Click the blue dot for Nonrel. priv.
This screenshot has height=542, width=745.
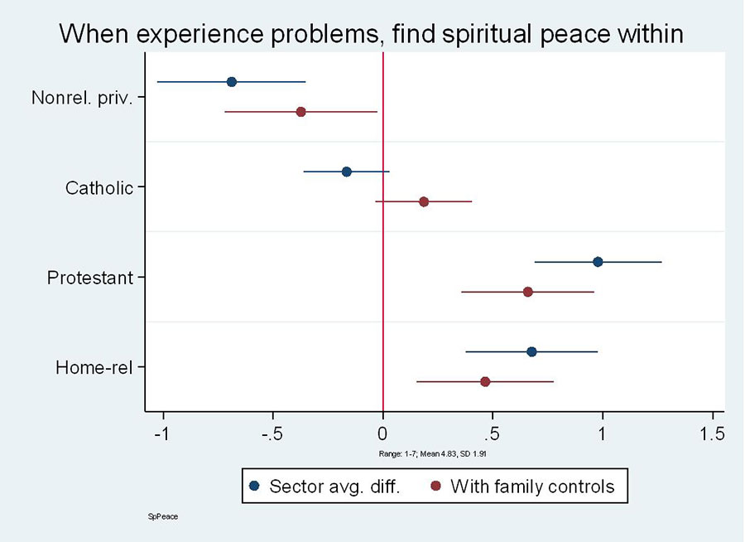point(232,81)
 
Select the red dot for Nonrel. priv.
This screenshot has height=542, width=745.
point(300,111)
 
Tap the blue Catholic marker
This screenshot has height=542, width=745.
point(346,172)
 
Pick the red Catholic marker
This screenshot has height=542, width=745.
point(424,201)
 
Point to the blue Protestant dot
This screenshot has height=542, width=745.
point(598,262)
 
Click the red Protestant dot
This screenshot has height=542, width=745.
point(527,292)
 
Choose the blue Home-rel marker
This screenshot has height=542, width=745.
point(531,351)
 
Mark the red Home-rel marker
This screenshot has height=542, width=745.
point(485,381)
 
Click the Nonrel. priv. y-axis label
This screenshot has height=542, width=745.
point(82,98)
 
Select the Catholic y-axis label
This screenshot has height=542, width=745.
point(99,188)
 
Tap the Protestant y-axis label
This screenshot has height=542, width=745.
point(90,278)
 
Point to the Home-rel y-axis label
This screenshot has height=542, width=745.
point(94,367)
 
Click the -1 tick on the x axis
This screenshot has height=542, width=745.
point(163,433)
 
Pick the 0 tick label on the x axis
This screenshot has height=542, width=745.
point(382,433)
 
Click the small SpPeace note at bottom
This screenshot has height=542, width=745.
point(162,516)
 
